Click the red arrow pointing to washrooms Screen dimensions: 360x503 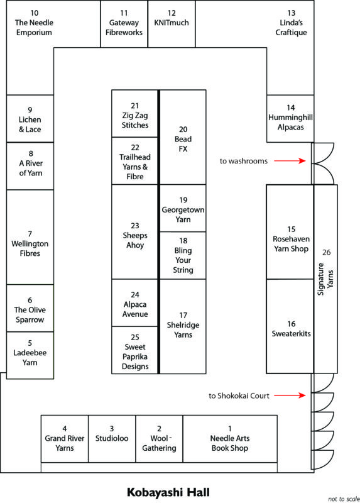click(x=290, y=160)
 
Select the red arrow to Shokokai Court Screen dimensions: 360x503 click(x=290, y=395)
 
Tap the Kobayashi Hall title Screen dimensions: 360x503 click(x=168, y=492)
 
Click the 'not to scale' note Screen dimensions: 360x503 click(x=344, y=499)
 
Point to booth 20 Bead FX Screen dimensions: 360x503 click(x=183, y=137)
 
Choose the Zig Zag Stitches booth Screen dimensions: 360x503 click(x=135, y=114)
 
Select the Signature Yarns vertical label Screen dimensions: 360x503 click(x=325, y=279)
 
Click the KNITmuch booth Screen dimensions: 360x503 click(x=172, y=24)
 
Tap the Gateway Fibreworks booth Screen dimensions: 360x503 click(x=124, y=24)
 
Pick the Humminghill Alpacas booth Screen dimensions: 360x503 click(x=290, y=118)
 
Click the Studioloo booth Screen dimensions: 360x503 click(x=112, y=439)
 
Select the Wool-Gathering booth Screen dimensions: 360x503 click(x=160, y=439)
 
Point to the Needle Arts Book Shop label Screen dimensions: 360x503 click(x=230, y=443)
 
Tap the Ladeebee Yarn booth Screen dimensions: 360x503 click(x=30, y=355)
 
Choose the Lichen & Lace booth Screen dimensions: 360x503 click(x=30, y=118)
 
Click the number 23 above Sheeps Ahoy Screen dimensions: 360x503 click(x=135, y=226)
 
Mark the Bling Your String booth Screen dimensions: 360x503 click(x=183, y=255)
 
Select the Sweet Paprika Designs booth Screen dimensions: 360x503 click(x=135, y=350)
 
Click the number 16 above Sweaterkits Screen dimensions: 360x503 click(x=291, y=324)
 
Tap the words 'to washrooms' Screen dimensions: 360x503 click(x=244, y=161)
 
